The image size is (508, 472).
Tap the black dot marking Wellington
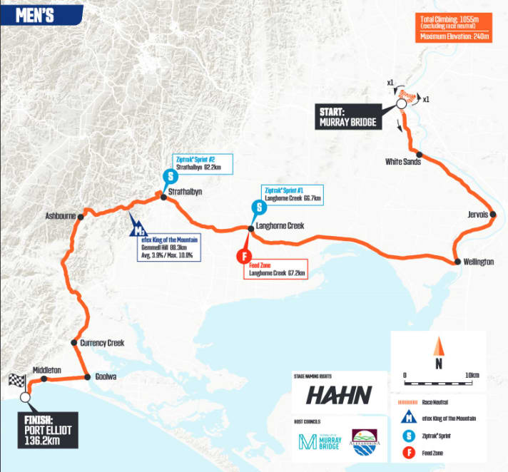tap(457, 262)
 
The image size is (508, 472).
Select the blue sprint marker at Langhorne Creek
tap(258, 207)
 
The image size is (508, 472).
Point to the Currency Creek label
tap(102, 343)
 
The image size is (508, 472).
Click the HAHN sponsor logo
tap(340, 395)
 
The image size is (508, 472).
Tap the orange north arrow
tap(440, 348)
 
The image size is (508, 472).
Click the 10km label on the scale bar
tap(471, 375)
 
